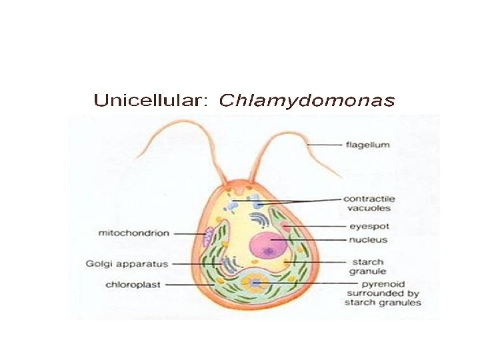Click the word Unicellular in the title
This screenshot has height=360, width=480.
(151, 101)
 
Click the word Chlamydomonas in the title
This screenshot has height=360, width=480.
(307, 101)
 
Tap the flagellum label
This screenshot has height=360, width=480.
(367, 144)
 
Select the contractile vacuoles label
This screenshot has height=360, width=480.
(368, 203)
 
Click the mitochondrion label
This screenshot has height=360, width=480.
(134, 233)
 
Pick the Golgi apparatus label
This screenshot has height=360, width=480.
(127, 263)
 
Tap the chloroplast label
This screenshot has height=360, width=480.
(133, 285)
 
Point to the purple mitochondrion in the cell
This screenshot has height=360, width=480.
(209, 235)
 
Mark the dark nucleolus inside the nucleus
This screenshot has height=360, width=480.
(269, 251)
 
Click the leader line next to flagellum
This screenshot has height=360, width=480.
(325, 145)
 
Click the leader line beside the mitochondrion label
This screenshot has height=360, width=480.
(189, 233)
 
